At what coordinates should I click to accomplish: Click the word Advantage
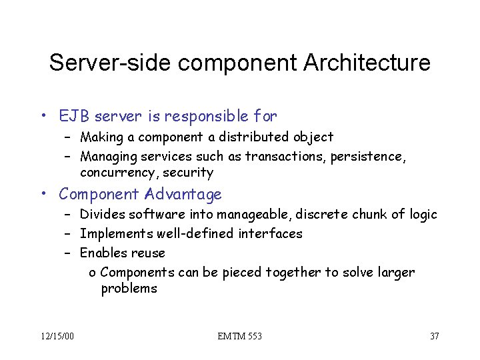click(181, 195)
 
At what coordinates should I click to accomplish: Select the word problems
click(129, 289)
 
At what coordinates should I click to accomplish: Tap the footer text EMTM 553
click(240, 335)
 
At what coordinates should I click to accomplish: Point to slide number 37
click(434, 335)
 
